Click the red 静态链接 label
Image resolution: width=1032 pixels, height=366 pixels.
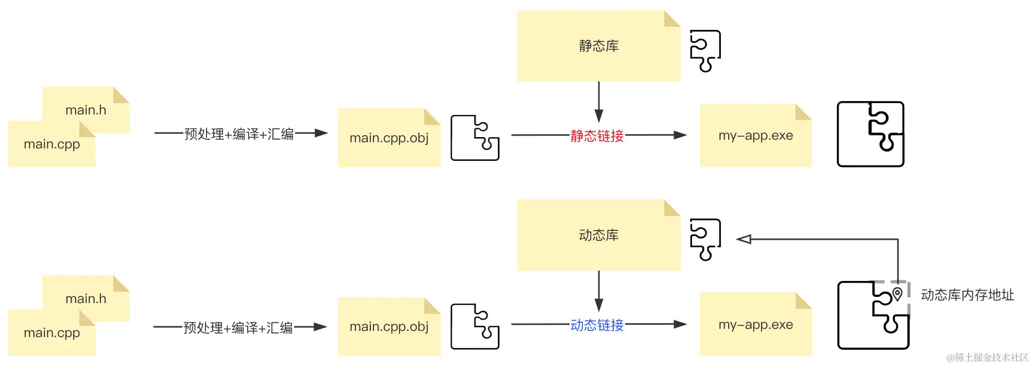597,136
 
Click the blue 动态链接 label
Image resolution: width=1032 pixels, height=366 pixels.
597,325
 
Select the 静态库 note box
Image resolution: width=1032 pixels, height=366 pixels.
598,46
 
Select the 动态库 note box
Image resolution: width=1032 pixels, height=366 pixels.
598,235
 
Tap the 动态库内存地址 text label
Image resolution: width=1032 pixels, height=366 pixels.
967,295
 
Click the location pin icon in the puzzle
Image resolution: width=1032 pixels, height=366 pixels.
898,294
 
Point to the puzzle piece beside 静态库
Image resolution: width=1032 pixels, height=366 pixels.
705,51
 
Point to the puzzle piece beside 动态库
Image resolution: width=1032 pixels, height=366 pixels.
705,239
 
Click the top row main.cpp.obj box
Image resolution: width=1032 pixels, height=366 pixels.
389,138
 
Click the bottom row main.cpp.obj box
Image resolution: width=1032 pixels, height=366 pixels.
389,326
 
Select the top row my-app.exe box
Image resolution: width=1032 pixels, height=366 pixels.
755,136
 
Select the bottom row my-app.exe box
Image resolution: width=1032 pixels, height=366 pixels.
755,324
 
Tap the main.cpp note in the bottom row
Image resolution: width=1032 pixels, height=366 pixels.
51,333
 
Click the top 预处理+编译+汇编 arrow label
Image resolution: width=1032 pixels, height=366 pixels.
239,134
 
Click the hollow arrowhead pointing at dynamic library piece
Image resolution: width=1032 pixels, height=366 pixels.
744,239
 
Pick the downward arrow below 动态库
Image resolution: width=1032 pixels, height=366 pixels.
598,291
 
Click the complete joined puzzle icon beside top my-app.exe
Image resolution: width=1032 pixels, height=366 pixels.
870,134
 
